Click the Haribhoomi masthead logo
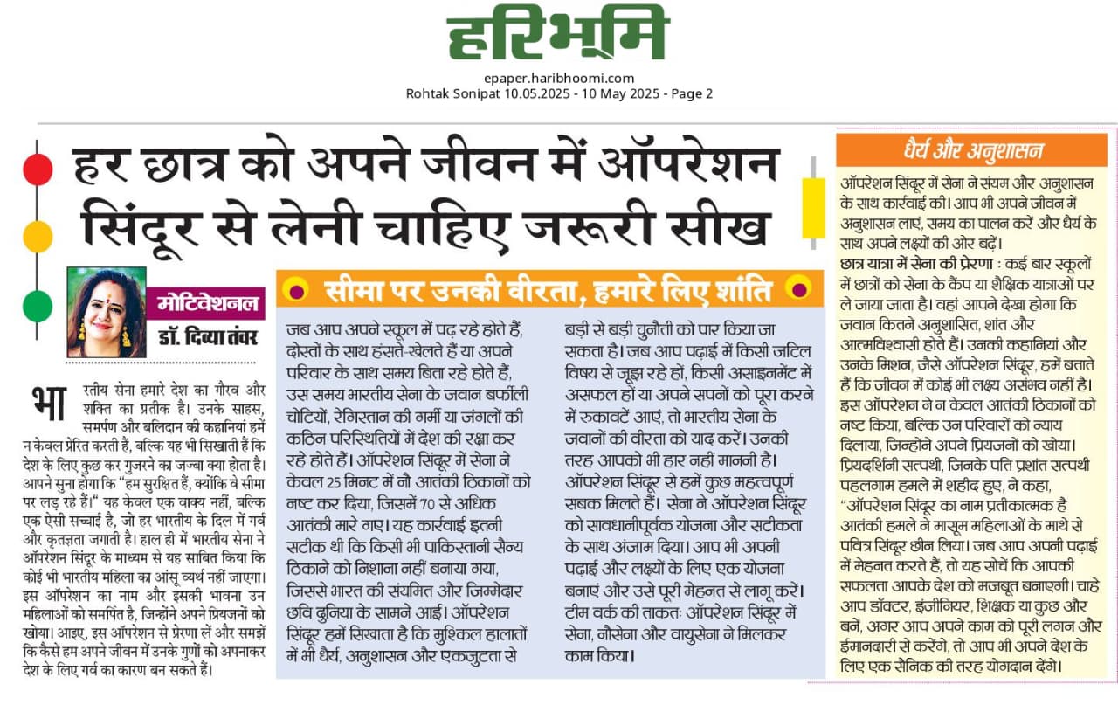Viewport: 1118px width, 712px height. pyautogui.click(x=558, y=36)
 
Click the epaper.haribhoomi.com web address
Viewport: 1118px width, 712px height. pyautogui.click(x=559, y=78)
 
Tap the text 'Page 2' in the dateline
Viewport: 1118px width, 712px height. pyautogui.click(x=690, y=93)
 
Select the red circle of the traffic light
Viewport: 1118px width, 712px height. pyautogui.click(x=38, y=169)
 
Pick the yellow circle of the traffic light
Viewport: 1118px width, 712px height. pyautogui.click(x=38, y=237)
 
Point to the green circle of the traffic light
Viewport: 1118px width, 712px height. pyautogui.click(x=38, y=305)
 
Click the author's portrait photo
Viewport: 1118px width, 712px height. pyautogui.click(x=107, y=312)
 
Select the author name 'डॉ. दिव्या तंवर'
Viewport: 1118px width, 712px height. pyautogui.click(x=207, y=336)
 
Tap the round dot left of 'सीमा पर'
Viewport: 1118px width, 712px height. pyautogui.click(x=297, y=288)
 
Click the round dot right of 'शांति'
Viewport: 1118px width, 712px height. pyautogui.click(x=797, y=288)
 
